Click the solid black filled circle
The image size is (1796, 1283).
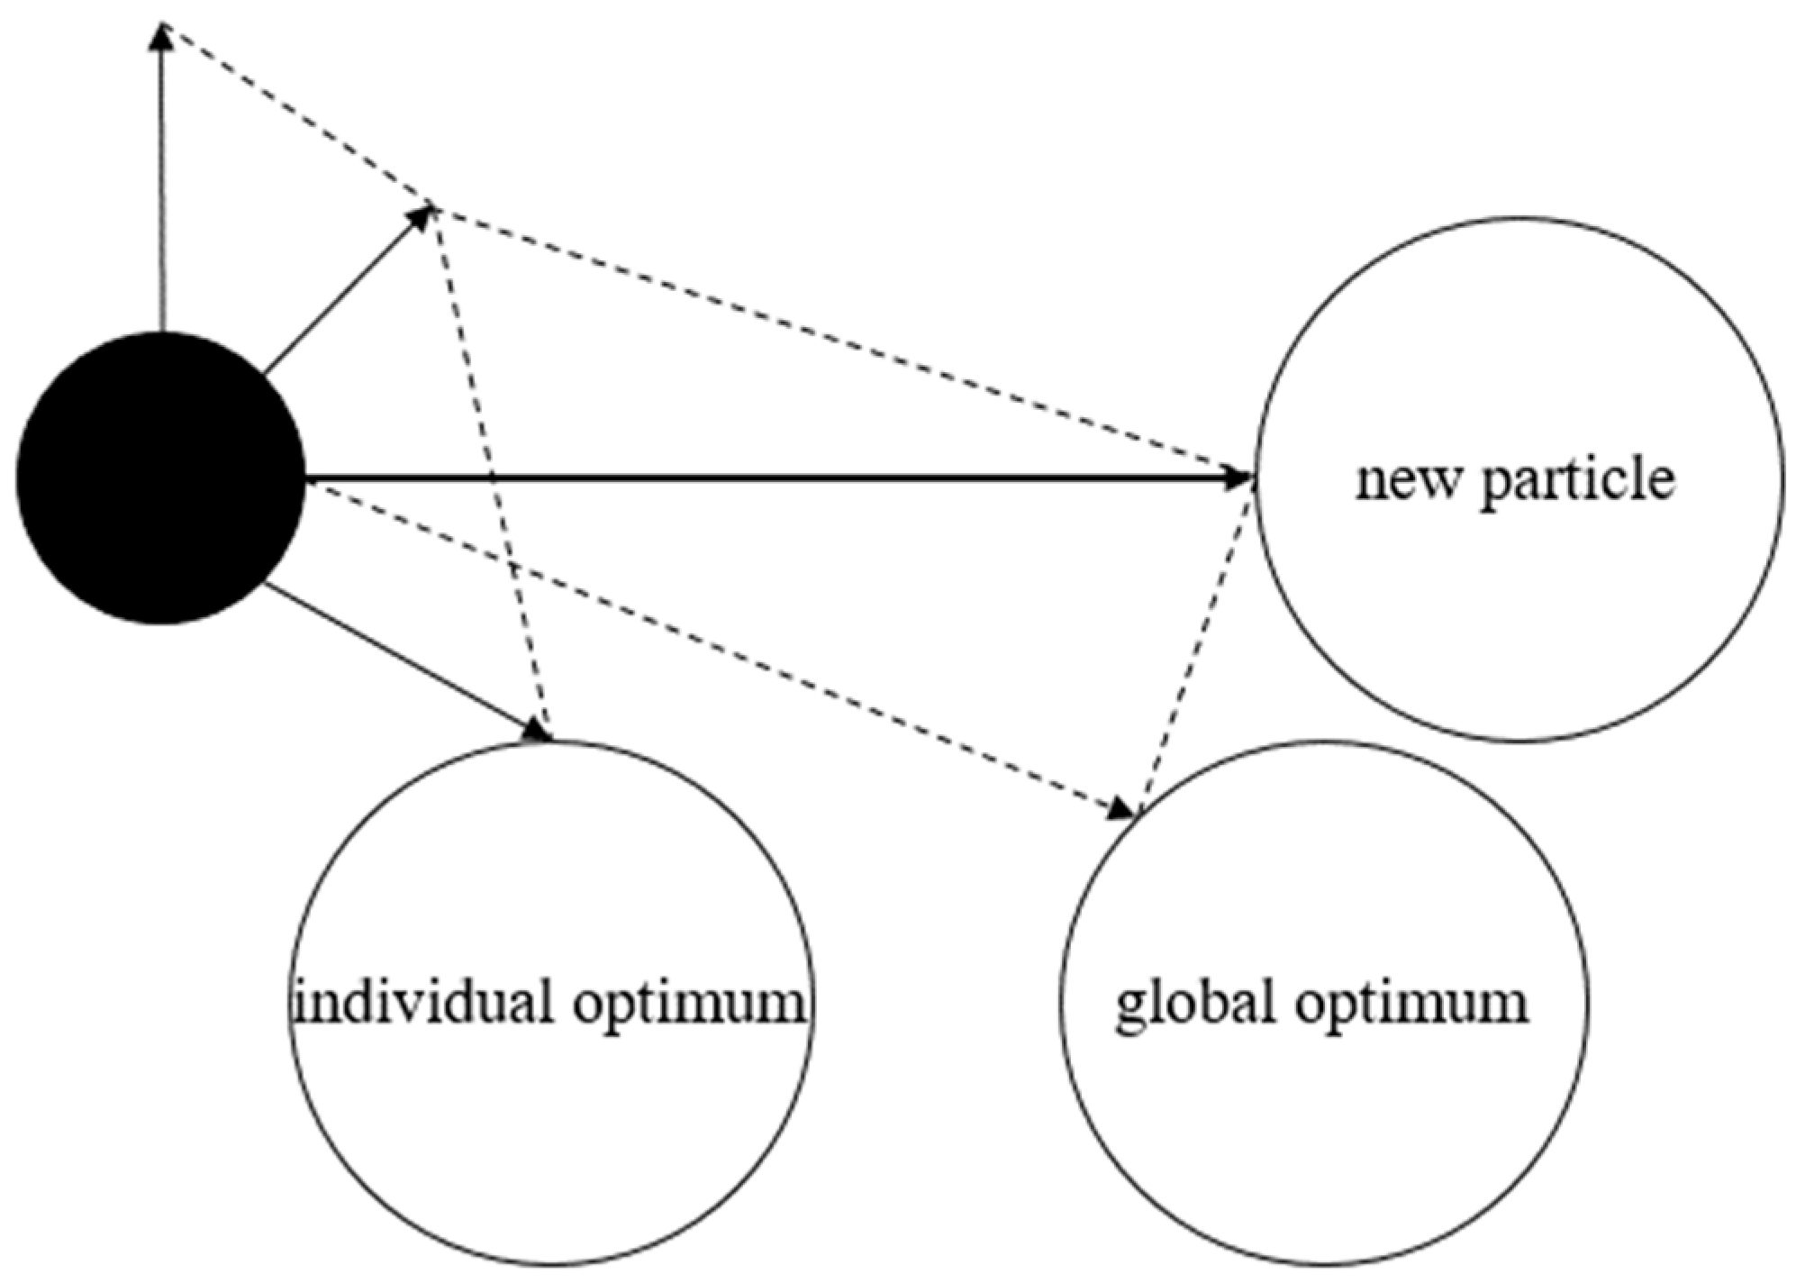[160, 478]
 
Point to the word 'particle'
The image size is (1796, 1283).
[1578, 481]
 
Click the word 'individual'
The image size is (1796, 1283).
[423, 1002]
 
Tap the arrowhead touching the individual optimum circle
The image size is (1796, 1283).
[539, 731]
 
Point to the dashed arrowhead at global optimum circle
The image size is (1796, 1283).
[1122, 808]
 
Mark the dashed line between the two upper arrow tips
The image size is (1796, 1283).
[297, 115]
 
